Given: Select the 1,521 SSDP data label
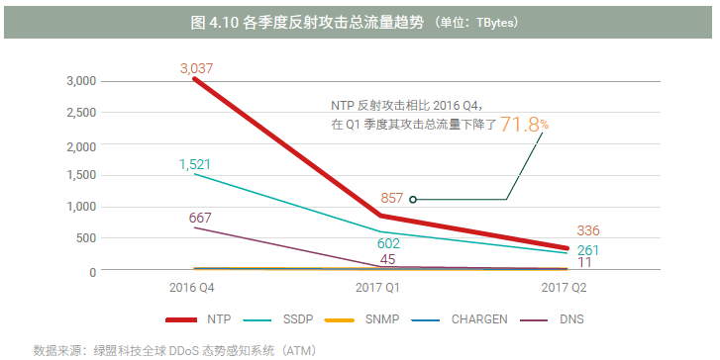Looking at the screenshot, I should click(x=195, y=164).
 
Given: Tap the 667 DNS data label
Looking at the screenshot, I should click(x=200, y=218).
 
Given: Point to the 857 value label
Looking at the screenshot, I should click(x=391, y=198).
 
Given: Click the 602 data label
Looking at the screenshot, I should click(x=388, y=242).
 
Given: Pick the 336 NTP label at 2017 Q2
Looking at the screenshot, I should click(x=588, y=231).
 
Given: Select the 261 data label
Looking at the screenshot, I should click(x=588, y=249).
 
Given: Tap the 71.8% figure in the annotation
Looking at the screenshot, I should click(x=523, y=125).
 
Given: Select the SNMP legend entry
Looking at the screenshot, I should click(x=381, y=319).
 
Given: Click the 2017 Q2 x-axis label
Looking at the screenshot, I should click(x=565, y=287).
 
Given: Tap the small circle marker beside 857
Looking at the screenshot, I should click(x=412, y=199).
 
